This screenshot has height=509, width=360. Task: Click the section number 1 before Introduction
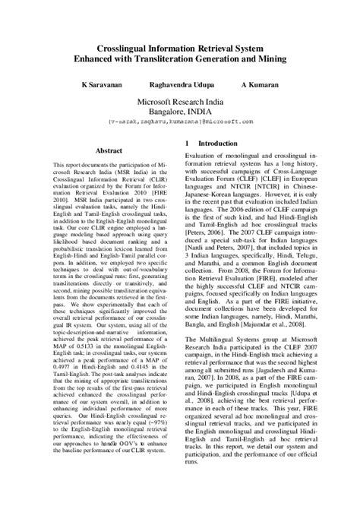(x=188, y=144)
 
